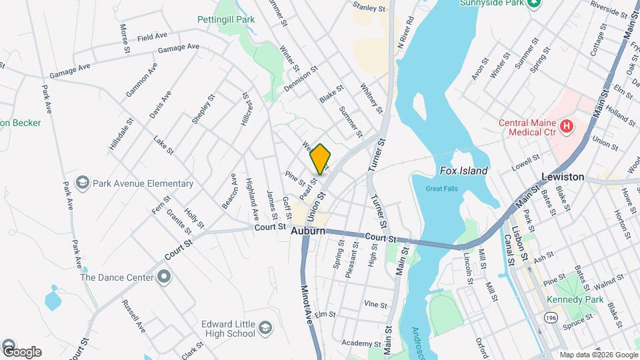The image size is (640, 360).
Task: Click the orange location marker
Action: (x=321, y=159)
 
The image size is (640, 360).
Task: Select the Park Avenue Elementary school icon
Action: (x=83, y=183)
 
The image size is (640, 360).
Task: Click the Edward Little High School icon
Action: (x=265, y=328)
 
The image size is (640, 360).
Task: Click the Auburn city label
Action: (x=308, y=231)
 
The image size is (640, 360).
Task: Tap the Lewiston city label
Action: (x=563, y=177)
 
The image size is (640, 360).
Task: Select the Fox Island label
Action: (x=464, y=171)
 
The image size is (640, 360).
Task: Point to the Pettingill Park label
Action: (x=225, y=19)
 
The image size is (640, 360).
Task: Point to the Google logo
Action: (x=21, y=351)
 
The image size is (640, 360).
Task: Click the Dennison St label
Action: (x=301, y=78)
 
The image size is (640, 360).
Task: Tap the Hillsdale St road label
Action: (x=121, y=133)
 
